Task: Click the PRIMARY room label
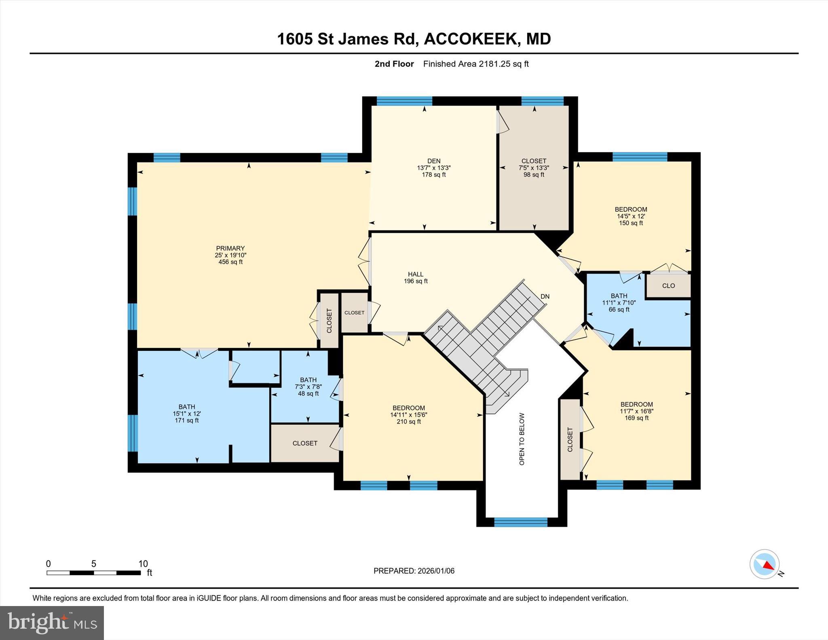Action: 230,248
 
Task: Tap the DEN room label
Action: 434,161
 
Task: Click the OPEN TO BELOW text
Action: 522,439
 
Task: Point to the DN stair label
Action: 545,296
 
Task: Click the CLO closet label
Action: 668,285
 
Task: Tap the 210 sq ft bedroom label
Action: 409,422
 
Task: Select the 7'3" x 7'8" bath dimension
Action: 308,387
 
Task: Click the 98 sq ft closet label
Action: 534,175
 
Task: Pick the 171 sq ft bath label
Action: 187,420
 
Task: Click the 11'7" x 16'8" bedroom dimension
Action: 637,411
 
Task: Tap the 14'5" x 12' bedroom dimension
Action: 631,216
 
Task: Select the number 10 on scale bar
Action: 143,564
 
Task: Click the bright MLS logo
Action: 52,623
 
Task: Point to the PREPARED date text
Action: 414,571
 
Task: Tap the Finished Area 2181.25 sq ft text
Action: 476,64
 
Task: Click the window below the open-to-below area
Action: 521,522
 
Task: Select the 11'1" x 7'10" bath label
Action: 619,302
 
